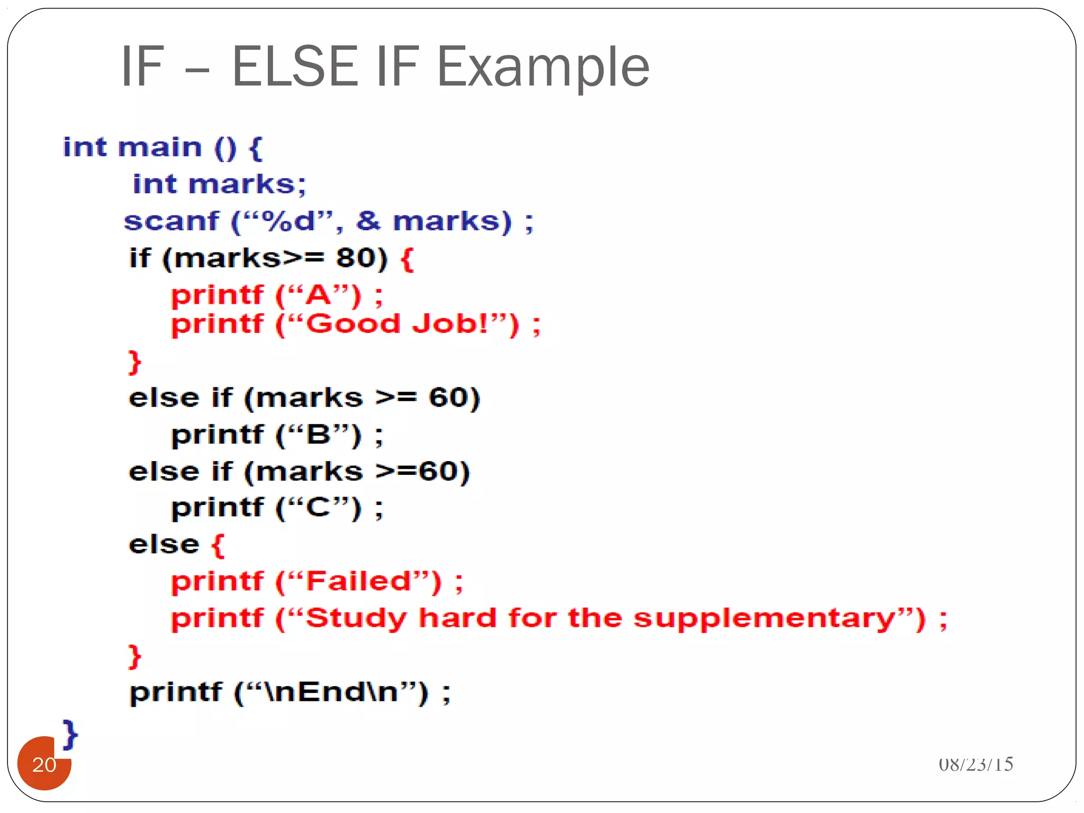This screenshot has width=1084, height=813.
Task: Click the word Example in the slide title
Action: pos(543,67)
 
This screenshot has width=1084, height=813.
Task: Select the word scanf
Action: pos(171,221)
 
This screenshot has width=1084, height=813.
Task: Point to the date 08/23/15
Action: pos(975,764)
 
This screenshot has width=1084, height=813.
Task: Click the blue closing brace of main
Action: pos(70,734)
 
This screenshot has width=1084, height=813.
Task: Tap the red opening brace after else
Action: pos(218,545)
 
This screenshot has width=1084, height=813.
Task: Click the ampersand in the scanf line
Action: pos(368,221)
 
